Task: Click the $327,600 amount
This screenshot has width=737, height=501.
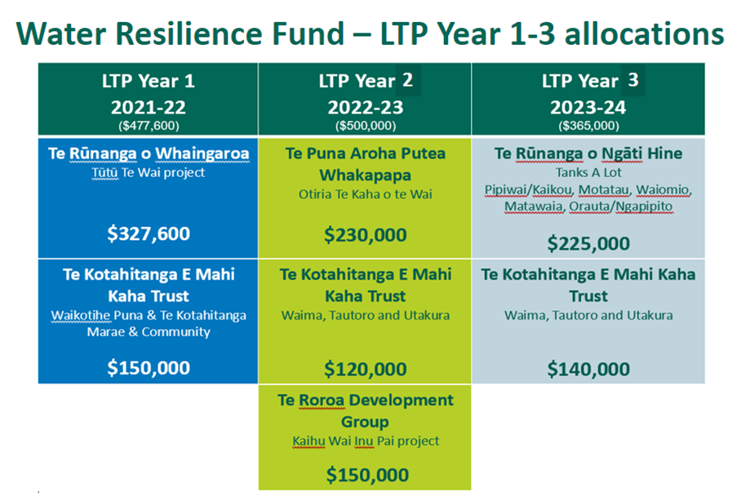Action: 149,233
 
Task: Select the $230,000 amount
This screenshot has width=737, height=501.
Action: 365,235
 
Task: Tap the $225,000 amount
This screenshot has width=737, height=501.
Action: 588,243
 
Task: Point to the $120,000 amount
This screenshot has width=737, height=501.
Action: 365,369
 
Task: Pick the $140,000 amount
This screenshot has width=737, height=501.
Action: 588,369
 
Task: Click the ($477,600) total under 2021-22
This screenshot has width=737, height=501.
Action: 149,126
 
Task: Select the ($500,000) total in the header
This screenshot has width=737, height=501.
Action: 365,126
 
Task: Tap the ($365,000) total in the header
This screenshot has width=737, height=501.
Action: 588,126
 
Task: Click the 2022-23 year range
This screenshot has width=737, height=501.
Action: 365,108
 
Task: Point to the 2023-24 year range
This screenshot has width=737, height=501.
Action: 588,108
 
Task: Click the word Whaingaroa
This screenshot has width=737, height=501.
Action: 202,153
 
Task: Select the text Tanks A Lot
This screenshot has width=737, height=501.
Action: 588,172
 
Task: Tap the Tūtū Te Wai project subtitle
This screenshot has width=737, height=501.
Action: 149,172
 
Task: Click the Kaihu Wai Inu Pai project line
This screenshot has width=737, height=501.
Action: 365,441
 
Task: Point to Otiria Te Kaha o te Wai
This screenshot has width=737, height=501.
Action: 365,194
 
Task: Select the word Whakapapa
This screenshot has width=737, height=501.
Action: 365,175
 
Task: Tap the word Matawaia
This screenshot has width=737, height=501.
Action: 534,206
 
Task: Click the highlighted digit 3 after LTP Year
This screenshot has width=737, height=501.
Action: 633,80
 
